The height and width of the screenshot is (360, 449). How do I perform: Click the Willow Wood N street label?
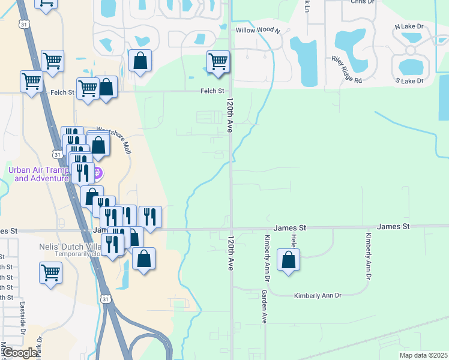[258, 30]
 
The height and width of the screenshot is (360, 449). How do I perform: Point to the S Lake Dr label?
[409, 80]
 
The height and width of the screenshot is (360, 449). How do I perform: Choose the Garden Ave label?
[264, 307]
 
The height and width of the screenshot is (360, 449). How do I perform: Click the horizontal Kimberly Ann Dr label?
[317, 296]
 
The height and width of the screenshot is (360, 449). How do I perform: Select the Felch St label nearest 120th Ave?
[212, 91]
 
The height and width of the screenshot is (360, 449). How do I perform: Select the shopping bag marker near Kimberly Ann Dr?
[289, 260]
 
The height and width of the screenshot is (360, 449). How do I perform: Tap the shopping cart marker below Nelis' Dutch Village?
[51, 272]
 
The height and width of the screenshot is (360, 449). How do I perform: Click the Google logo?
[20, 353]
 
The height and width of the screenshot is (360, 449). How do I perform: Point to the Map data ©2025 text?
[423, 355]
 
